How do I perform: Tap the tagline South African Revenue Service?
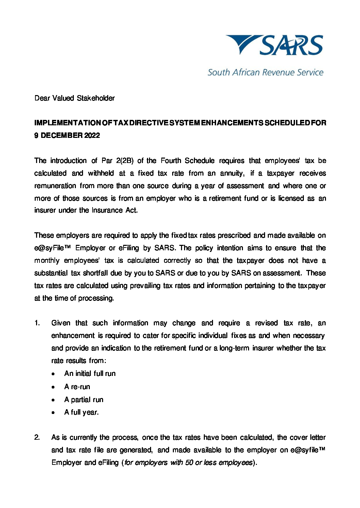pos(265,72)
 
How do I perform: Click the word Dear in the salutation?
pos(42,98)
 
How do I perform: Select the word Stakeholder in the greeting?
pos(96,98)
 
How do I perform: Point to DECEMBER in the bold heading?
pos(61,135)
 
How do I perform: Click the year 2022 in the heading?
pos(92,135)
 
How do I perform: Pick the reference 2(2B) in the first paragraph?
pos(124,161)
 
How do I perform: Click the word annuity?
pos(232,173)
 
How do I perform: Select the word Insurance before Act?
pos(108,210)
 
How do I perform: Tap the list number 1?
pos(37,323)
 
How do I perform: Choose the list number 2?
pos(37,437)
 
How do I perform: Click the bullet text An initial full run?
pos(90,374)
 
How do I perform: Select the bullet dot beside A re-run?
pos(53,387)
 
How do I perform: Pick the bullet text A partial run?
pos(84,400)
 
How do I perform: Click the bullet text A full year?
pos(81,412)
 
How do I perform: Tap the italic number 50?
pos(189,462)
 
